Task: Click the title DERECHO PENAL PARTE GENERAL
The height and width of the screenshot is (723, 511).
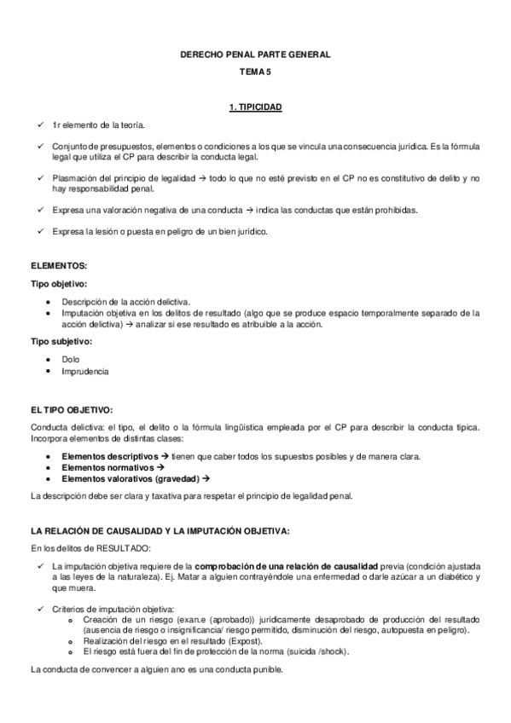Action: pyautogui.click(x=256, y=55)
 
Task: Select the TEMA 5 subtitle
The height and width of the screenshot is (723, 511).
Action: pyautogui.click(x=256, y=74)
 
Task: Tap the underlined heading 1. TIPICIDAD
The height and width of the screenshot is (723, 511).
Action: pyautogui.click(x=256, y=107)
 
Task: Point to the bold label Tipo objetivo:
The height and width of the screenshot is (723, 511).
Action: pyautogui.click(x=58, y=284)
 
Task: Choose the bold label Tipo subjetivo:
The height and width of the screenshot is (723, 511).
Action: pyautogui.click(x=59, y=341)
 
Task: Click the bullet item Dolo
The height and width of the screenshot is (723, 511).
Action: pyautogui.click(x=71, y=359)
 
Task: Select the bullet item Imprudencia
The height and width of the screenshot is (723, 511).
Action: pyautogui.click(x=84, y=371)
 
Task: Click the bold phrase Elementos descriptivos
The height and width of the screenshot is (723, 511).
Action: pyautogui.click(x=110, y=456)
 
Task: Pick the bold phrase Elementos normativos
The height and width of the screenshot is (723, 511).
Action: pyautogui.click(x=106, y=467)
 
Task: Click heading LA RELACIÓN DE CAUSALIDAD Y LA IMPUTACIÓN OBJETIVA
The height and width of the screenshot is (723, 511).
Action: pyautogui.click(x=160, y=530)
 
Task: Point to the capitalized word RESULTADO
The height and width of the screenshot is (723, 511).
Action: pyautogui.click(x=119, y=547)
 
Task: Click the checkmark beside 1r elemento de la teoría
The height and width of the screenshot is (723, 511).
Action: pyautogui.click(x=41, y=124)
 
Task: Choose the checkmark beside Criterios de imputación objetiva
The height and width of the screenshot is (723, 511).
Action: pyautogui.click(x=41, y=608)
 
